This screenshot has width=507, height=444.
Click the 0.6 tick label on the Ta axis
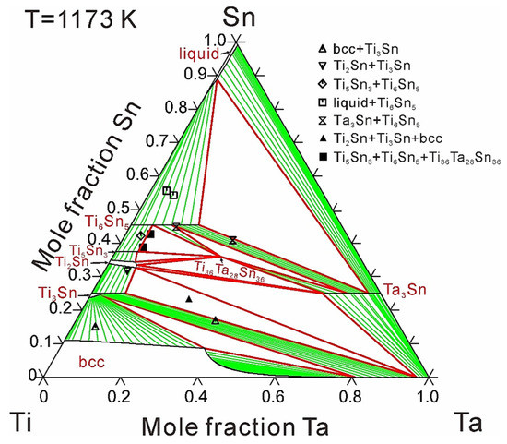[x=271, y=395]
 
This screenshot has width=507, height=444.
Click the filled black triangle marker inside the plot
[x=188, y=299]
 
